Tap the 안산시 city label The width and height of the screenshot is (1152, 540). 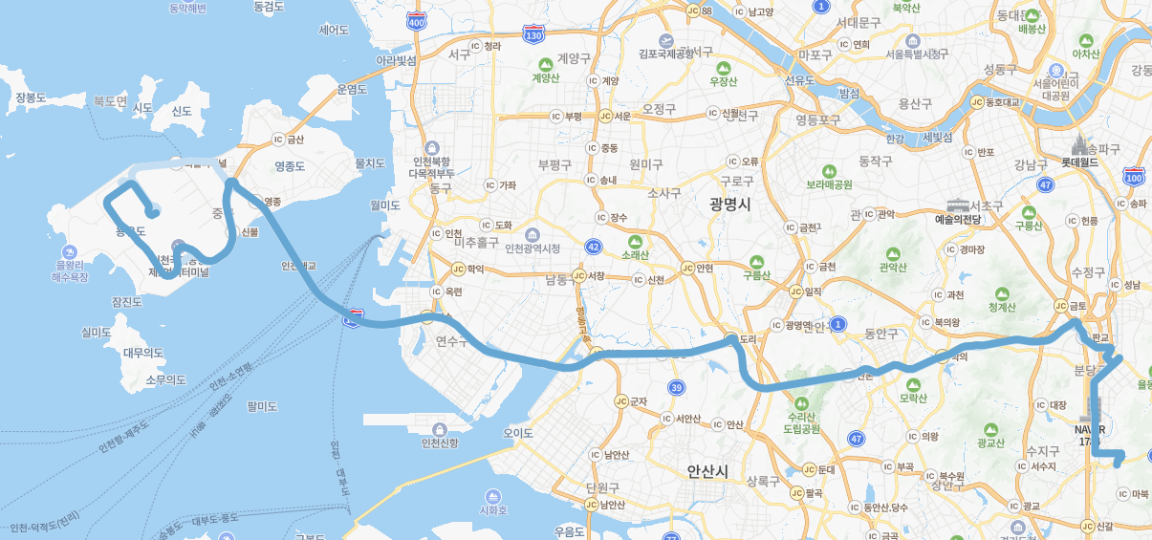(x=707, y=471)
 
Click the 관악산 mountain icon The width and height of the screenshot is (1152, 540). (x=893, y=254)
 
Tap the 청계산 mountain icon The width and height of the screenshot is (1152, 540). (x=1002, y=293)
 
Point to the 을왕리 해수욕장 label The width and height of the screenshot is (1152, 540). (x=70, y=270)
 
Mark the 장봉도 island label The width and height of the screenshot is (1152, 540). (x=31, y=97)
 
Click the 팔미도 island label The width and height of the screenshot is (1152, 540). (x=262, y=406)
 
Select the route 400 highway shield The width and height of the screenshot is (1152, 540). (x=416, y=21)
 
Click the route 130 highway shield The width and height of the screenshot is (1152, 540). (x=533, y=35)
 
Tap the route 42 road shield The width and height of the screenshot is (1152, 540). (x=595, y=246)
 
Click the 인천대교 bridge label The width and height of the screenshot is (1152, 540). (x=298, y=266)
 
